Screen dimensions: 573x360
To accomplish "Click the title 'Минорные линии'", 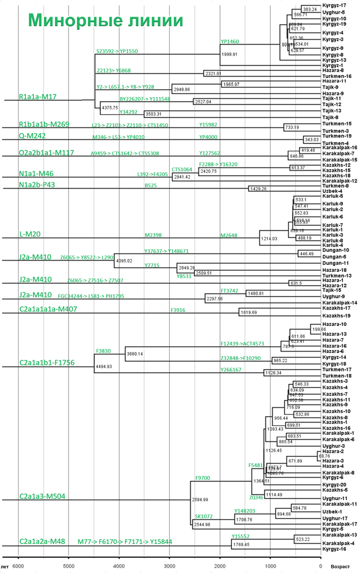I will pyautogui.click(x=105, y=20).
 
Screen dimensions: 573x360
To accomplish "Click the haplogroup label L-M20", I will pyautogui.click(x=29, y=234).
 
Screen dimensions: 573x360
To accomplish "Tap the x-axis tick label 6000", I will pyautogui.click(x=19, y=566).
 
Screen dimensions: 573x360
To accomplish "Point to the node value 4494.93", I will pyautogui.click(x=105, y=366).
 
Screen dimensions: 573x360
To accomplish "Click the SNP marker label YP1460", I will pyautogui.click(x=230, y=41).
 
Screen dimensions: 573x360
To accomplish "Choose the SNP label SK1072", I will pyautogui.click(x=204, y=516).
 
